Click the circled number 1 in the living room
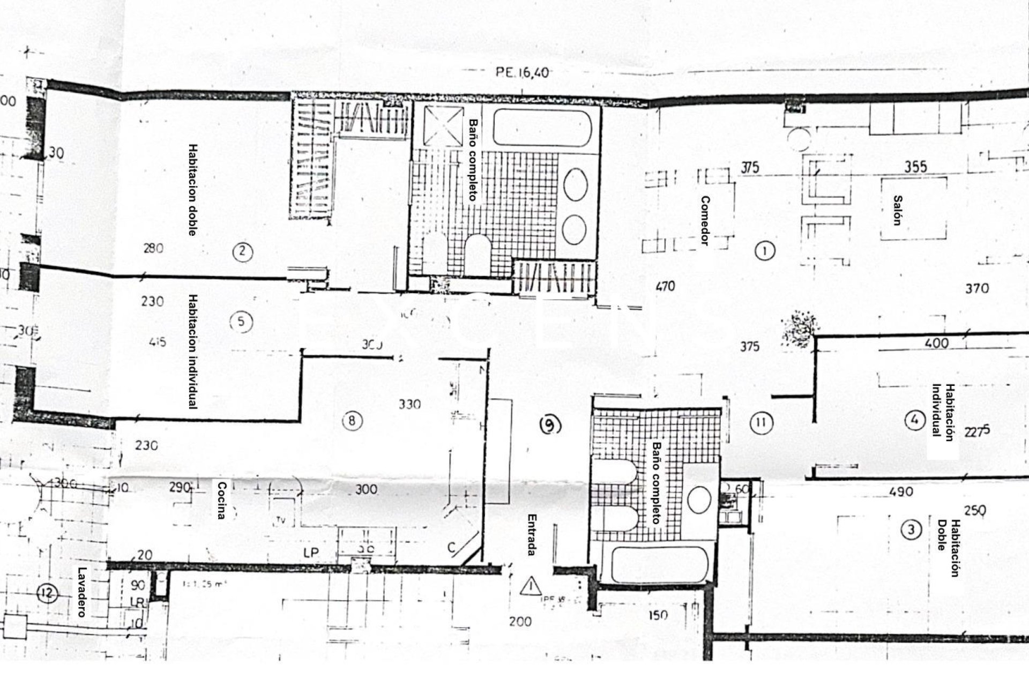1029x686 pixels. [x=764, y=250]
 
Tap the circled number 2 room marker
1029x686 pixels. [x=243, y=251]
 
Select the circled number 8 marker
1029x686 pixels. [x=352, y=421]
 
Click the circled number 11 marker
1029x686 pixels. [x=760, y=423]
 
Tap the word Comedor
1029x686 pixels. [x=705, y=220]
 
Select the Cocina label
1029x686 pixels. [x=221, y=500]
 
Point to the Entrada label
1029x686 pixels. [x=532, y=535]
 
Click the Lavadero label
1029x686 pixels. [x=82, y=592]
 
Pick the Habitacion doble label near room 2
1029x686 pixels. [x=192, y=189]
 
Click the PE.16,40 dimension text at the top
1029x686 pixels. [x=521, y=72]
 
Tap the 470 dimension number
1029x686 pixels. [x=665, y=287]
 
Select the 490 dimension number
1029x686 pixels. [x=900, y=491]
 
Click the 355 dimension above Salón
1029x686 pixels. [x=915, y=167]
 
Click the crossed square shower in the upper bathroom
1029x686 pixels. [x=443, y=126]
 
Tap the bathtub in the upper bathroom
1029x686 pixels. [x=542, y=128]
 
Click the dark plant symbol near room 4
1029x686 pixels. [x=800, y=326]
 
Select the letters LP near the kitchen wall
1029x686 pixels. [x=310, y=553]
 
